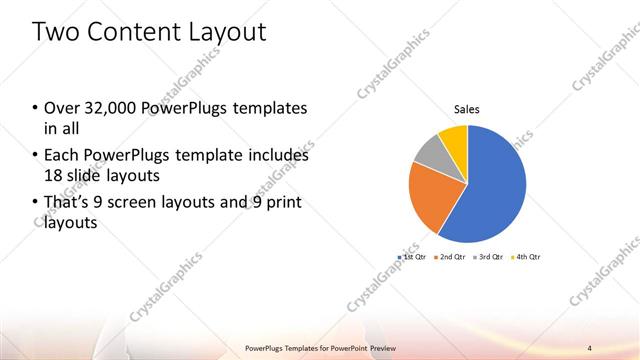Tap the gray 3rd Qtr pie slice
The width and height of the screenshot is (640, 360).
[428, 153]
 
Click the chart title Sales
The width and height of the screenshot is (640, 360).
[467, 109]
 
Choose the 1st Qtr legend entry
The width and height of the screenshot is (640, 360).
[413, 257]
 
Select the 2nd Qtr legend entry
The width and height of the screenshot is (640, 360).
[451, 257]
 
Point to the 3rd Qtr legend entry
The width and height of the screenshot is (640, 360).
[489, 257]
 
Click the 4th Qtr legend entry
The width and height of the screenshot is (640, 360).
[526, 257]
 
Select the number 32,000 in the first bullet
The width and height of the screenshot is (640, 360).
[109, 108]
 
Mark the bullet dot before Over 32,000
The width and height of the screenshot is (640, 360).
[35, 108]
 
